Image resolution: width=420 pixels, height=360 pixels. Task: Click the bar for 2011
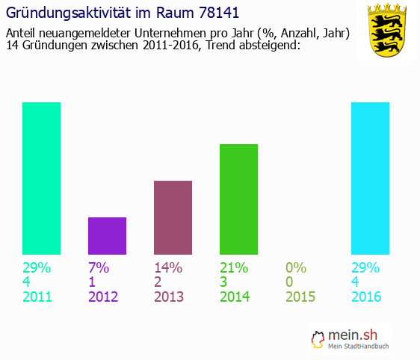pyautogui.click(x=41, y=179)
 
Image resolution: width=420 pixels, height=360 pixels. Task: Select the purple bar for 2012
pyautogui.click(x=107, y=236)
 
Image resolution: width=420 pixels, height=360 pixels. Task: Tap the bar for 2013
pyautogui.click(x=173, y=217)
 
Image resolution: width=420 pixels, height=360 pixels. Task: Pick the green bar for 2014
pyautogui.click(x=238, y=199)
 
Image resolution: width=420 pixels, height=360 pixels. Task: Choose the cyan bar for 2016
pyautogui.click(x=370, y=179)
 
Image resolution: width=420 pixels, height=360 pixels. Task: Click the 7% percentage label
pyautogui.click(x=99, y=267)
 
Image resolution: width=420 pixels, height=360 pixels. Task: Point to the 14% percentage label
pyautogui.click(x=168, y=267)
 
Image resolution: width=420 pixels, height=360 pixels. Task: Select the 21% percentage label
pyautogui.click(x=234, y=267)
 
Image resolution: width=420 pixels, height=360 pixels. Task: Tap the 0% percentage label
pyautogui.click(x=296, y=267)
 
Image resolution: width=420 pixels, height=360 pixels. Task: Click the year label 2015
pyautogui.click(x=300, y=297)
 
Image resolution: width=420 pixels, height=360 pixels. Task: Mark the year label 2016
pyautogui.click(x=366, y=297)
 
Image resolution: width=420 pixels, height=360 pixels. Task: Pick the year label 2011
pyautogui.click(x=37, y=297)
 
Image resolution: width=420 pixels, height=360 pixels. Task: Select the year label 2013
pyautogui.click(x=169, y=297)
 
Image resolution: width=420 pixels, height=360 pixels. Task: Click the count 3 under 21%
pyautogui.click(x=224, y=282)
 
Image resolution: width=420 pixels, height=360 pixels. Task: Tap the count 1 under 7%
pyautogui.click(x=93, y=282)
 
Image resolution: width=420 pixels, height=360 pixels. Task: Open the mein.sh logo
pyautogui.click(x=352, y=341)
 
